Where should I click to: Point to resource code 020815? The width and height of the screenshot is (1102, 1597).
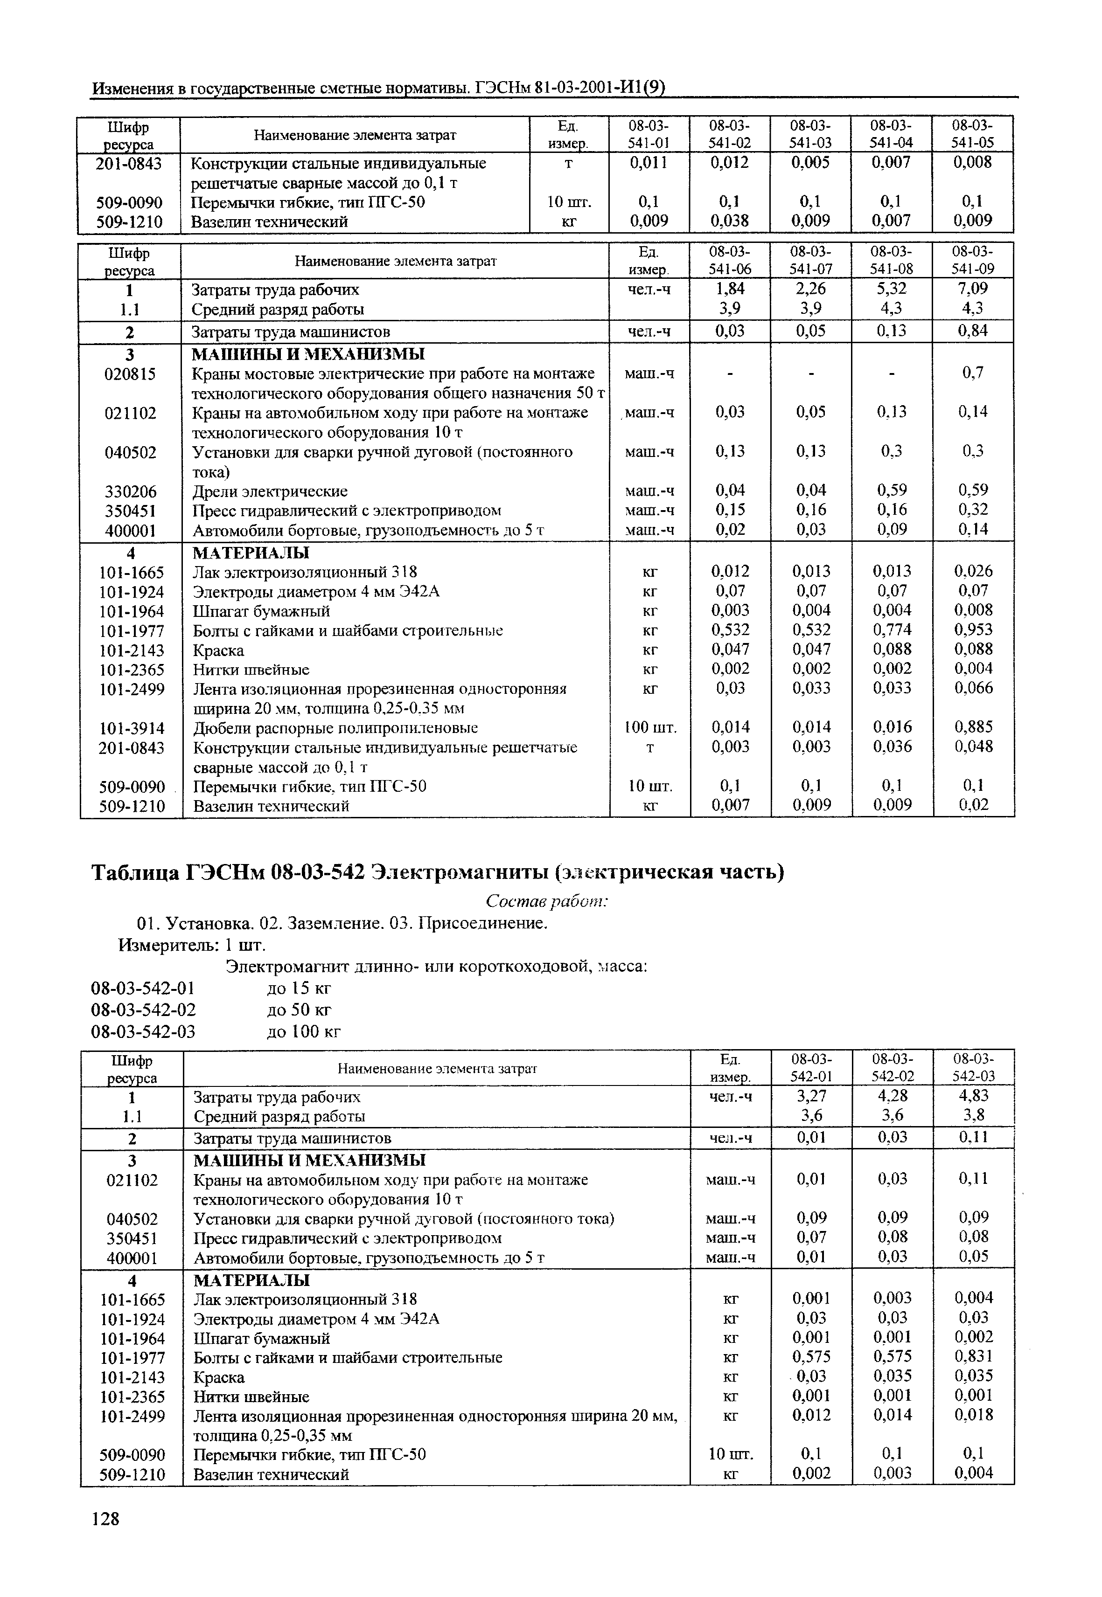131,374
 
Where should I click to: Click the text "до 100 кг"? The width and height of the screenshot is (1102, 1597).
304,1032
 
